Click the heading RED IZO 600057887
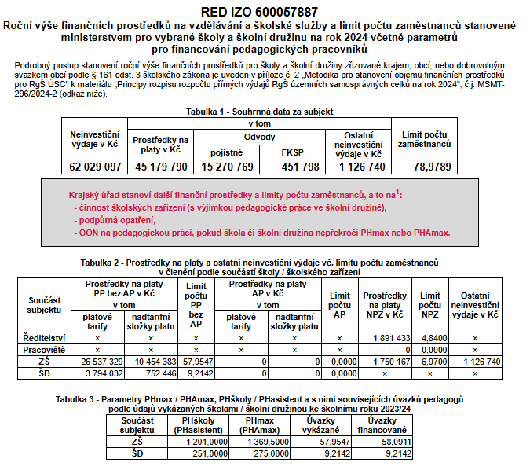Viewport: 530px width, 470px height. [265, 12]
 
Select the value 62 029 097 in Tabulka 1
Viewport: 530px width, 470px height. [94, 167]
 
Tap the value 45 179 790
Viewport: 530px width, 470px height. [161, 167]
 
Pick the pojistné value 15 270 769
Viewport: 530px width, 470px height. [228, 167]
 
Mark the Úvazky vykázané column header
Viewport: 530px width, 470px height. [320, 424]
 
